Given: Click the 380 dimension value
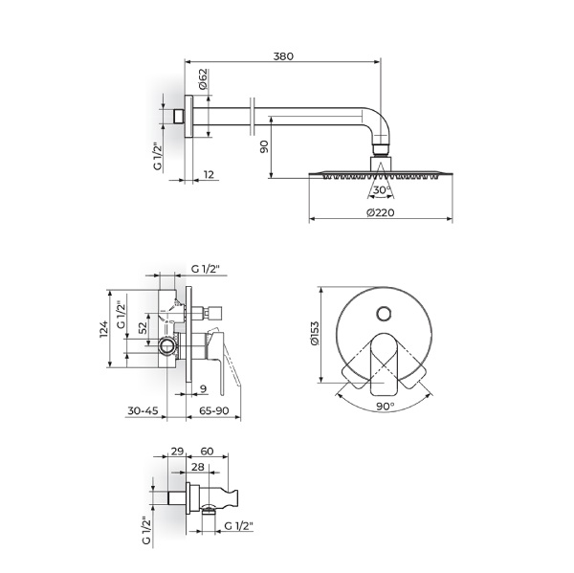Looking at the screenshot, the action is click(283, 56).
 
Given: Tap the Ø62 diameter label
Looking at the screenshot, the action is click(203, 78).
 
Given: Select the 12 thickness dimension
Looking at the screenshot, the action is click(209, 175).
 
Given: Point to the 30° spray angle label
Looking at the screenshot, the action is click(381, 190).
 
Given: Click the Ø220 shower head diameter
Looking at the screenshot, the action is click(381, 212).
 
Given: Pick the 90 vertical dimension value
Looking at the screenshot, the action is click(264, 146).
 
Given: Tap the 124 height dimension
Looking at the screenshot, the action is click(104, 329).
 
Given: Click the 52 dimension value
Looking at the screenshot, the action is click(143, 327).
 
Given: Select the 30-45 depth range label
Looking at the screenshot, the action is click(143, 410).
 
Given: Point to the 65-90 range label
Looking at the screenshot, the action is click(213, 410).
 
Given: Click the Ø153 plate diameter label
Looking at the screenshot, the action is click(315, 334).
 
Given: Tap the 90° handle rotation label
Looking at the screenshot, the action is click(386, 406).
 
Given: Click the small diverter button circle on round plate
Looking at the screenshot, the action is click(384, 314).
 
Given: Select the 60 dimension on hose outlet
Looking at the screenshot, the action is click(207, 452).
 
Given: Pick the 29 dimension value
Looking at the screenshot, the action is click(177, 452).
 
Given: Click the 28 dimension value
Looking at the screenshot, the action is click(198, 467).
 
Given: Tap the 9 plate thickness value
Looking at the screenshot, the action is click(204, 388).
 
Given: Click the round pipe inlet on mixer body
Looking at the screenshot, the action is click(167, 346).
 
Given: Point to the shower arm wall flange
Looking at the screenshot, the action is click(188, 117).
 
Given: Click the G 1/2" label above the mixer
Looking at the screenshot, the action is click(205, 269).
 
